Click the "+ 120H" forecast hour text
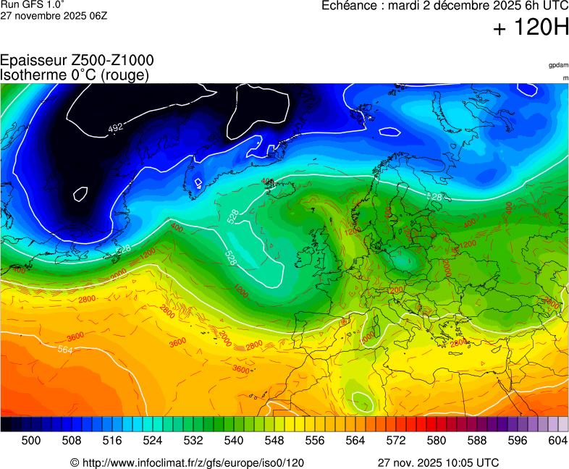[x=531, y=28]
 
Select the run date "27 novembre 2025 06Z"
[x=54, y=15]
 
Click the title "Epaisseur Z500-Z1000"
[x=77, y=60]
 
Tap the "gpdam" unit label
[x=558, y=65]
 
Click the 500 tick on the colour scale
[x=31, y=440]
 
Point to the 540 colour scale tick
[x=234, y=440]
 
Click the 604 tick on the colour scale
[x=557, y=440]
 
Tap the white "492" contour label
[x=115, y=128]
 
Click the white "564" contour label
[x=65, y=350]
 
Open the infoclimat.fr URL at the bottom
[x=187, y=462]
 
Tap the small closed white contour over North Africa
[x=361, y=400]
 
